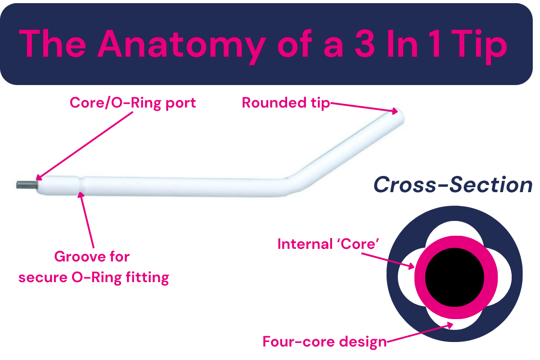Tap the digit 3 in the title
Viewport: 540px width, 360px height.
pos(365,43)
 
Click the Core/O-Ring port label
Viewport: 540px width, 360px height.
pos(133,103)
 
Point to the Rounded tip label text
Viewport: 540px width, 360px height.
pos(286,103)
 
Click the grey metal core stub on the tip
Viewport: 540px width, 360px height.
pos(27,185)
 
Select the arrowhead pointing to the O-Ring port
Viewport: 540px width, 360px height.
pos(39,177)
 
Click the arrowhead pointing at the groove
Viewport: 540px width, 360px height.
pos(81,195)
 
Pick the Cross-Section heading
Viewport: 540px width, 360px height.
pos(453,184)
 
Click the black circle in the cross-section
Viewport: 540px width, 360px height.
pos(454,277)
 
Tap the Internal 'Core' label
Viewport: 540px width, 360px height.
pos(328,244)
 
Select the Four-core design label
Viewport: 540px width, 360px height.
pos(324,342)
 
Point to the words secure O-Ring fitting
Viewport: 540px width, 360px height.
pos(94,278)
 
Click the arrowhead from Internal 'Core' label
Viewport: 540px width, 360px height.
pos(411,266)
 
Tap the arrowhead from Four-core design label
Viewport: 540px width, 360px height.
pos(450,325)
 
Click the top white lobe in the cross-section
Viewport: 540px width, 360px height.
pos(454,229)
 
